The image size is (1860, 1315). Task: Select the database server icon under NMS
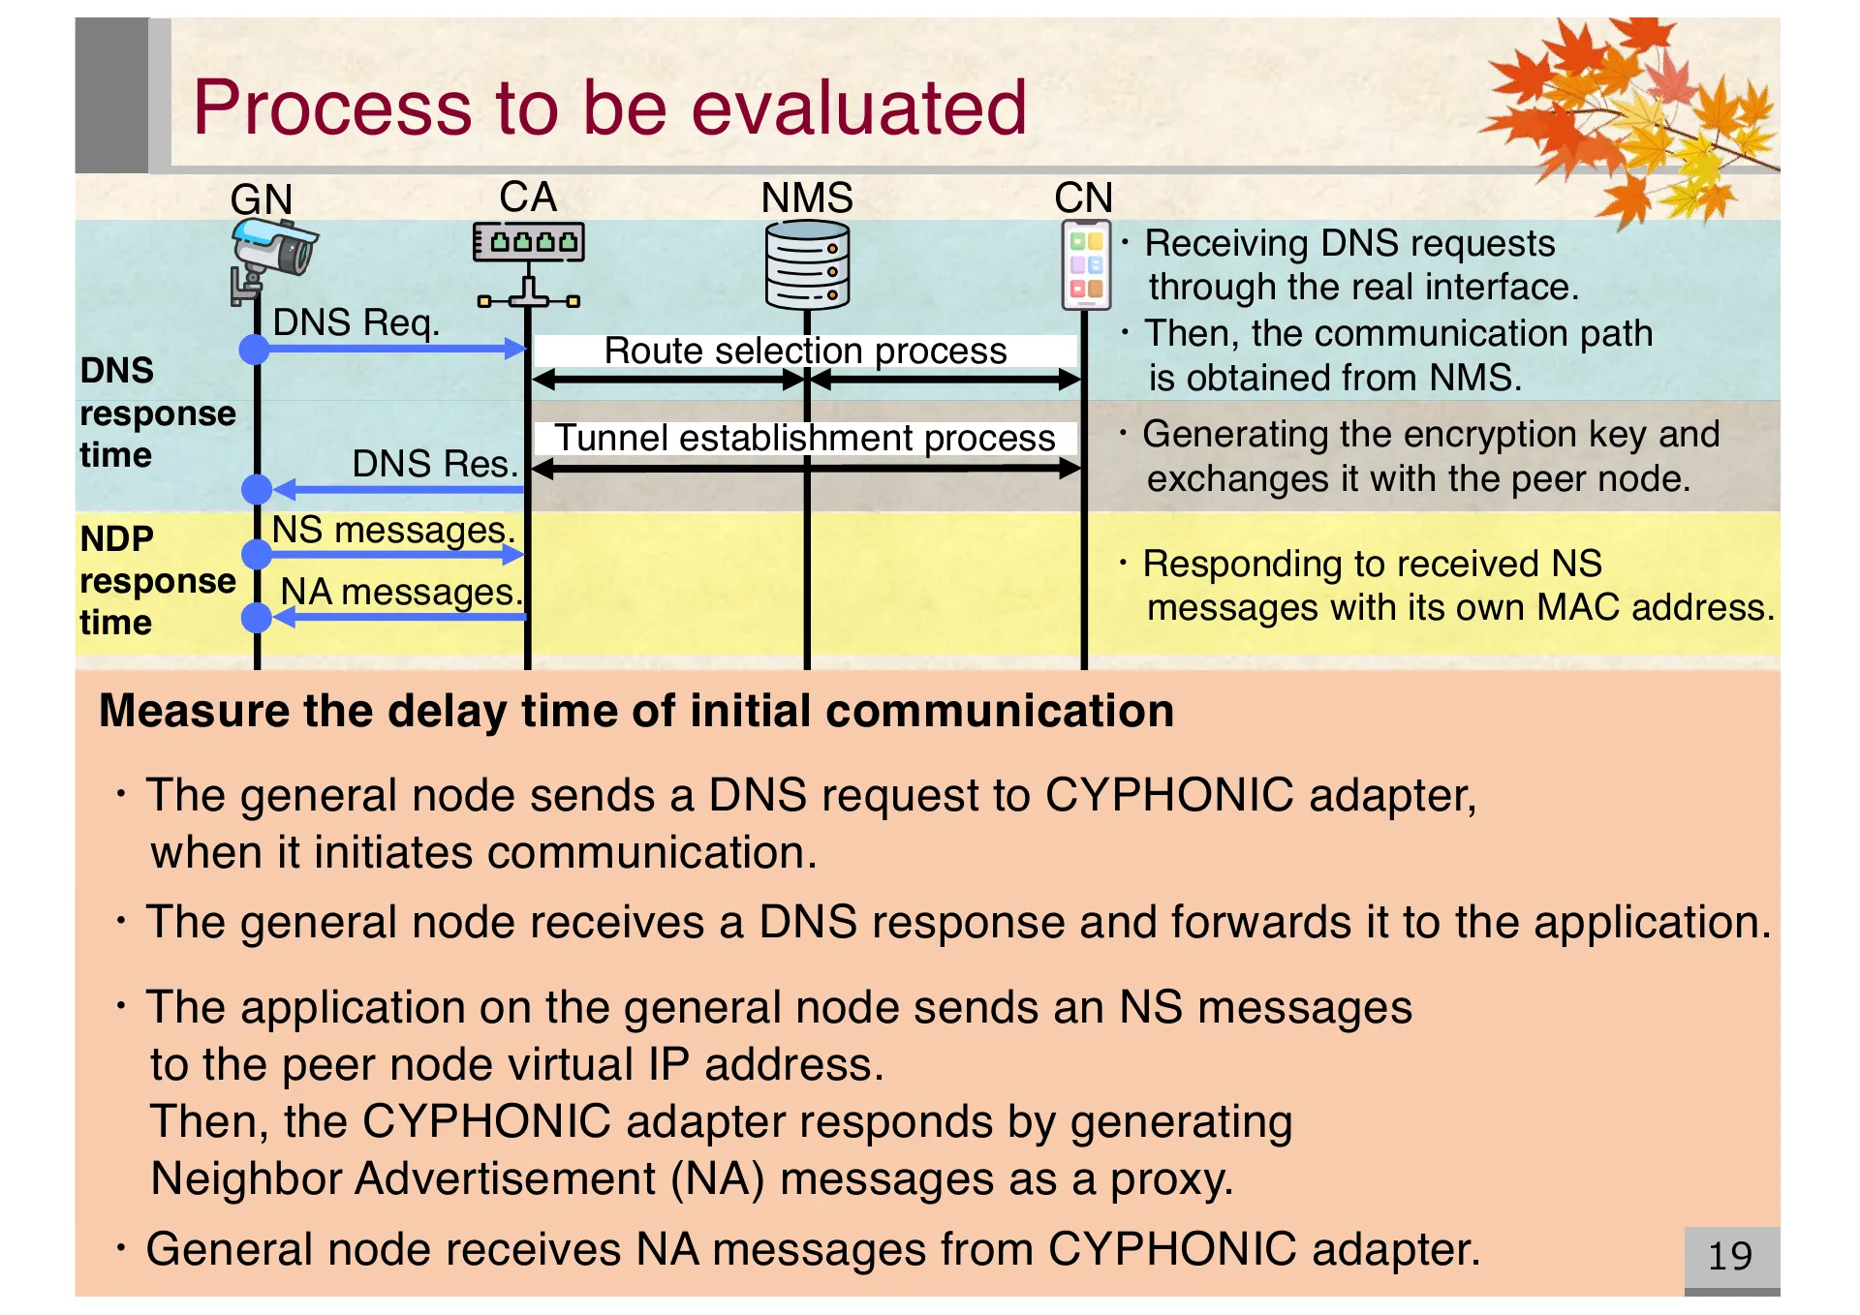807,264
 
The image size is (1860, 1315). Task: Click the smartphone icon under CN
1086,264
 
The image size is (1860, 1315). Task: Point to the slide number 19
1729,1256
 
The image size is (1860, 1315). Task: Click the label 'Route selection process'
805,351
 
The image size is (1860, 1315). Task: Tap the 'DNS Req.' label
356,322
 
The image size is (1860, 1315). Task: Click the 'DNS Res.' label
435,464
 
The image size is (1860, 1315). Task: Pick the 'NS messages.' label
392,530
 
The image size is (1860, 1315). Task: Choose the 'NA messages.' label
400,592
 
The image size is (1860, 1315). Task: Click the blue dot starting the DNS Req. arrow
255,349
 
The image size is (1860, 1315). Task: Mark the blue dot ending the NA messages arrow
256,617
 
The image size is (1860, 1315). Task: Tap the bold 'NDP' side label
116,538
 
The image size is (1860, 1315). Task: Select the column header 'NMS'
806,198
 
